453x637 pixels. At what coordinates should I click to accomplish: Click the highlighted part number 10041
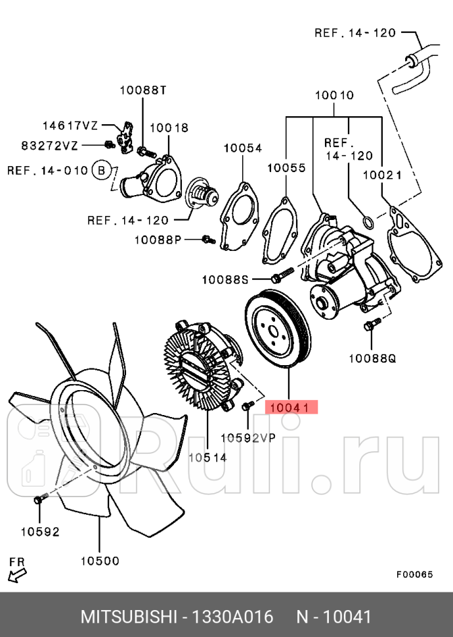pyautogui.click(x=291, y=408)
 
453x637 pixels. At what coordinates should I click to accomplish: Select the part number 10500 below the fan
pyautogui.click(x=100, y=560)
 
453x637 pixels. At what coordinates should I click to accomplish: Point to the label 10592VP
pyautogui.click(x=248, y=437)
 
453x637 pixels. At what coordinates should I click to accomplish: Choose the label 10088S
pyautogui.click(x=225, y=280)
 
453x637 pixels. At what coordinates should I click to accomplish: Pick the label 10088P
pyautogui.click(x=158, y=240)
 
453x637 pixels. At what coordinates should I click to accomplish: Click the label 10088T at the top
pyautogui.click(x=143, y=90)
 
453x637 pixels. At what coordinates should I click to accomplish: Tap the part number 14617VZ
pyautogui.click(x=70, y=125)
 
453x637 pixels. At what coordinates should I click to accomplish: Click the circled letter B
pyautogui.click(x=100, y=170)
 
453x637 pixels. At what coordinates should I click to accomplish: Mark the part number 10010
pyautogui.click(x=334, y=95)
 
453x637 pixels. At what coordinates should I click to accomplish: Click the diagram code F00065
pyautogui.click(x=414, y=574)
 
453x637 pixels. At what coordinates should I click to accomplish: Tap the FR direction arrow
pyautogui.click(x=17, y=575)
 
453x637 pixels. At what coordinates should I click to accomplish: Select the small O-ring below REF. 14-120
pyautogui.click(x=369, y=221)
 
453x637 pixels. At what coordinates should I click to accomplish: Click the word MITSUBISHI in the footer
pyautogui.click(x=128, y=617)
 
